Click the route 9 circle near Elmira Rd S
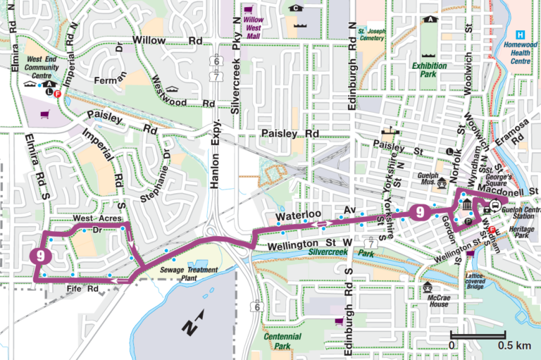click(x=42, y=256)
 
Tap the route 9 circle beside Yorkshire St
click(x=420, y=211)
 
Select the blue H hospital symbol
click(x=520, y=35)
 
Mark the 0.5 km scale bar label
click(x=514, y=346)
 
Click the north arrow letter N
click(x=189, y=326)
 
